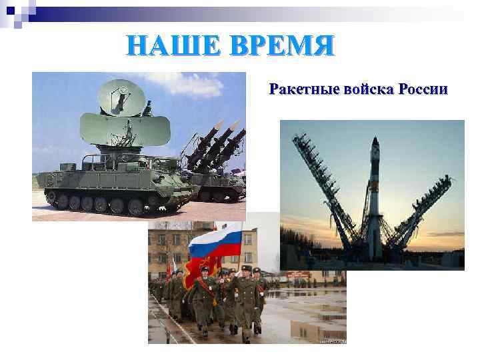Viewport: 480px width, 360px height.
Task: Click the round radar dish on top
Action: [122, 97]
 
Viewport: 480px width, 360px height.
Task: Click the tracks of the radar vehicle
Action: [113, 202]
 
